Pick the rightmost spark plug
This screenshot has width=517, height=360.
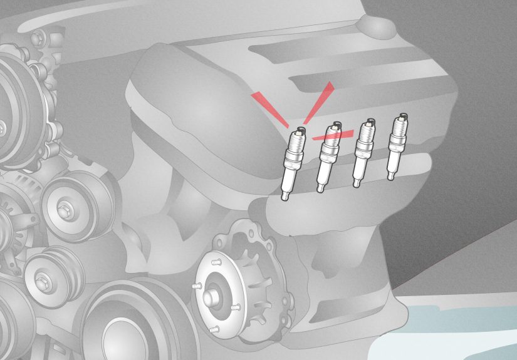point(396,147)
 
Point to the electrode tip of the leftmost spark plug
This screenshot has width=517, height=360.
point(298,130)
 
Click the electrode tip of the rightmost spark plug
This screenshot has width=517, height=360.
point(402,116)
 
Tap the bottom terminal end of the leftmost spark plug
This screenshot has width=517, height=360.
point(286,198)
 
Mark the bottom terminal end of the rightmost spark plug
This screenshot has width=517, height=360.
point(392,177)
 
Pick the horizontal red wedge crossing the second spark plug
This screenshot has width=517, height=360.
point(332,134)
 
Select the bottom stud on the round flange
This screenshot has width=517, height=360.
point(214,328)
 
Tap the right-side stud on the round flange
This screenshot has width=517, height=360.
point(236,307)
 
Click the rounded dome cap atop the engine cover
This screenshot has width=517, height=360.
point(375,25)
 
